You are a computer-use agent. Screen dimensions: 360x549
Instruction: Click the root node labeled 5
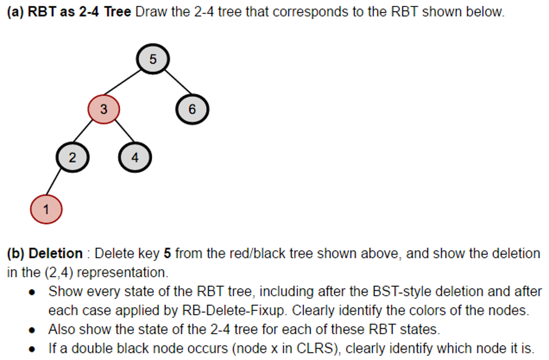click(x=153, y=59)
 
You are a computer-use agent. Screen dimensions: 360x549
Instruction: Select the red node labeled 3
click(x=103, y=109)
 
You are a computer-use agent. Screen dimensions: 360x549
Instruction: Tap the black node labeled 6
click(x=192, y=109)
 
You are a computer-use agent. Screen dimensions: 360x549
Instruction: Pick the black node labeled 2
click(x=72, y=158)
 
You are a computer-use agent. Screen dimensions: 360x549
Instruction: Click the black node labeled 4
click(x=135, y=158)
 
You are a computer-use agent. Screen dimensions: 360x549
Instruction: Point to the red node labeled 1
click(x=46, y=209)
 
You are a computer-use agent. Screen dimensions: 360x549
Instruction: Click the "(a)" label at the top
click(x=15, y=12)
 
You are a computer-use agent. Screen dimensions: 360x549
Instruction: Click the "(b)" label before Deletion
click(x=15, y=253)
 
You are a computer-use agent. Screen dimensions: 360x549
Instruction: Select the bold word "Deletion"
click(x=56, y=253)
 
